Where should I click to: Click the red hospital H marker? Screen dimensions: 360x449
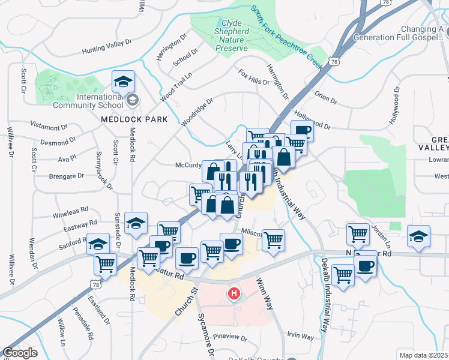click(x=234, y=293)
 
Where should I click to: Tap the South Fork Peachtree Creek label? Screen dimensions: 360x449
click(x=288, y=36)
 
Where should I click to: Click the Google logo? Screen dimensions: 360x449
click(x=19, y=353)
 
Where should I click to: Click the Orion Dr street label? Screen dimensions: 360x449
click(x=326, y=95)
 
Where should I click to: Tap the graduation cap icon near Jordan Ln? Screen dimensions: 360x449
click(x=418, y=236)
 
